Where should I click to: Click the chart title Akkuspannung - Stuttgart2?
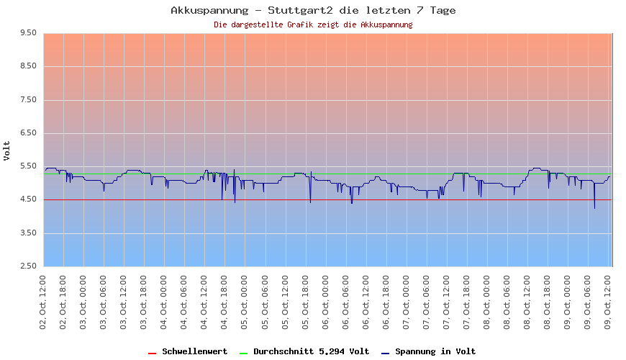click(313, 10)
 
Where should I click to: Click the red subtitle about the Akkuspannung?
click(313, 24)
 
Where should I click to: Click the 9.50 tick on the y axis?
click(29, 33)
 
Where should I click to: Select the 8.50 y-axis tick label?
click(29, 66)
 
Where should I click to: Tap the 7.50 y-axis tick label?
click(29, 100)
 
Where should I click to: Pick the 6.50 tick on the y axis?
click(29, 133)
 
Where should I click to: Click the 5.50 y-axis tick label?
click(29, 166)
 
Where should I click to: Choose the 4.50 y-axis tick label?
click(29, 199)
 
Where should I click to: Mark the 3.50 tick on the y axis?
click(29, 233)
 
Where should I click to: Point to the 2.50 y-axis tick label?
click(29, 266)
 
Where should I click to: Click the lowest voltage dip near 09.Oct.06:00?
click(594, 207)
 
